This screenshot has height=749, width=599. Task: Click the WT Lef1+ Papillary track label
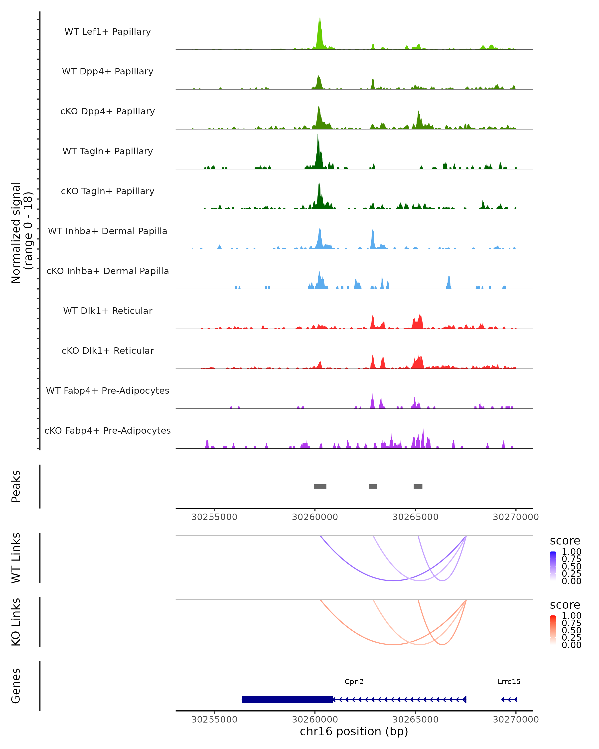click(108, 32)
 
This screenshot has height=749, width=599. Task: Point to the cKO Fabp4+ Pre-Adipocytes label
click(108, 430)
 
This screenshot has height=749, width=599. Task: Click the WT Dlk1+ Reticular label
click(108, 311)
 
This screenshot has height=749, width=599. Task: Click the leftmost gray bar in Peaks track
click(320, 486)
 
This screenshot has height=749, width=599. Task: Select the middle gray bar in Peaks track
click(373, 486)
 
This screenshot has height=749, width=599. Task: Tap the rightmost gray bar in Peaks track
click(418, 486)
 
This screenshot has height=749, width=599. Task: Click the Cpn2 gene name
click(354, 682)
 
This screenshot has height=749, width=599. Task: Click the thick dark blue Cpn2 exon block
click(287, 699)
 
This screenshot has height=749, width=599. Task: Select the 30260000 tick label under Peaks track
click(315, 517)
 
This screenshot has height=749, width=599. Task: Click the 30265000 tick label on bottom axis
click(415, 720)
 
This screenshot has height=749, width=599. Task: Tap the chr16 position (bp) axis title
click(354, 732)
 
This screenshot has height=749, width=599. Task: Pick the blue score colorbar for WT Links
click(553, 566)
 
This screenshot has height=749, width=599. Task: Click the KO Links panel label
click(16, 622)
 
